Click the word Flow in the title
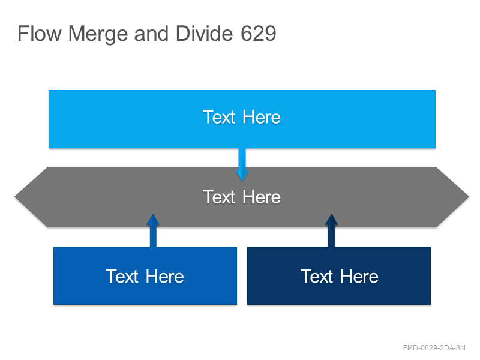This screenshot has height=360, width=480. coord(40,34)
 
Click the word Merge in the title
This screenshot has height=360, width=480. coord(98,34)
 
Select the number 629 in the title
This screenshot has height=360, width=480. coord(259,34)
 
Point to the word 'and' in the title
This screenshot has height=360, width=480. coord(151,34)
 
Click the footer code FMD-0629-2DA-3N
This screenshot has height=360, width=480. coord(434,348)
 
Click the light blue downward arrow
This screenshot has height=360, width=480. coord(242,165)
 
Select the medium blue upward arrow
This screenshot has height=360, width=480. coord(153,230)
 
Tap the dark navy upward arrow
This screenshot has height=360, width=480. coord(331,230)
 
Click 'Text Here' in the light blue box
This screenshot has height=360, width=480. coord(242,117)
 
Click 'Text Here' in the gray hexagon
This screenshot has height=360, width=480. coord(242,197)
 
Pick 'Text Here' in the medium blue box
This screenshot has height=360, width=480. coord(145,277)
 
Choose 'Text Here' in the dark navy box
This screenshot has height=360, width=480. coord(339,277)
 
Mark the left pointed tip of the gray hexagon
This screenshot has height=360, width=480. coord(15,197)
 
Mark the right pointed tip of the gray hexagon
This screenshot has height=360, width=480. coord(469,197)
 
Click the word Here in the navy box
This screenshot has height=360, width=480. coord(359,277)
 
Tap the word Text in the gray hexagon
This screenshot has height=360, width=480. coord(219,197)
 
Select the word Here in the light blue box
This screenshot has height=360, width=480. coord(262,117)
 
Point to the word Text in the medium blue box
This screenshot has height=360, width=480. coord(122,277)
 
